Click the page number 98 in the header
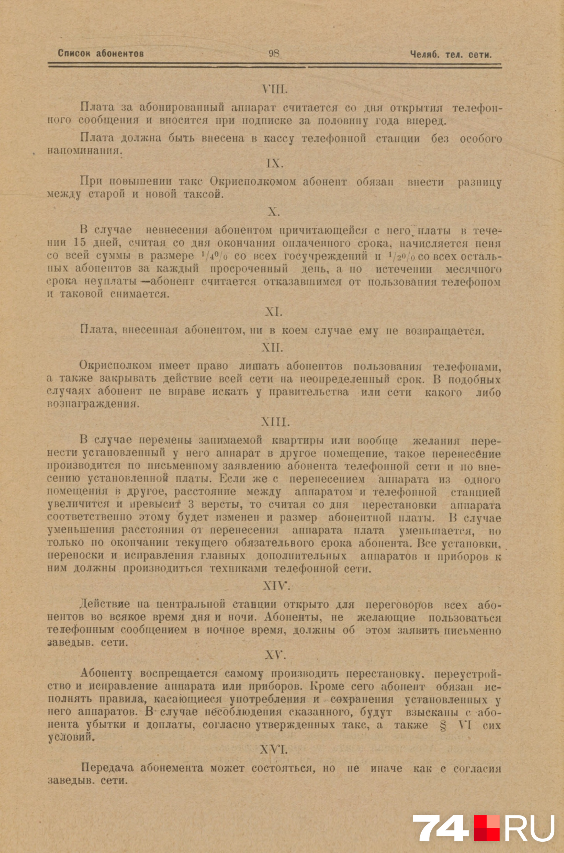(x=274, y=54)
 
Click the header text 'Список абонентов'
(x=101, y=54)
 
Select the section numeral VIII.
(x=275, y=89)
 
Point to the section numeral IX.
(x=275, y=164)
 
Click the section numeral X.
(x=274, y=212)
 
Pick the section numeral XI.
(x=274, y=312)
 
